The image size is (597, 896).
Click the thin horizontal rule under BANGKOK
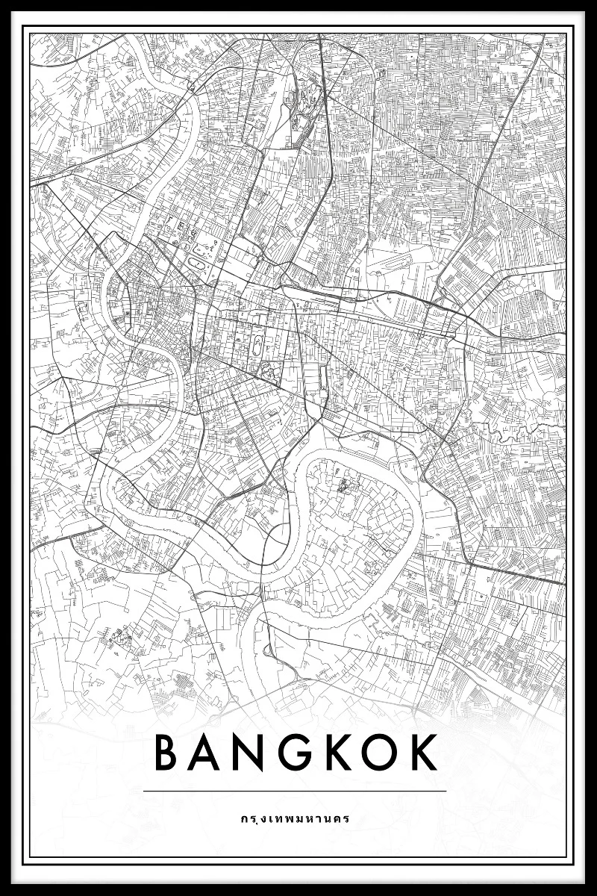pos(295,791)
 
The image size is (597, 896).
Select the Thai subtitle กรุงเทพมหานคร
pos(295,818)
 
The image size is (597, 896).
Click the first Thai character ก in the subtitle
pos(244,818)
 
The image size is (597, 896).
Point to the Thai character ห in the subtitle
pos(305,818)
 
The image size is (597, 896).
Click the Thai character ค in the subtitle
pos(337,818)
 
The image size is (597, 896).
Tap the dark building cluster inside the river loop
pos(345,487)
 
